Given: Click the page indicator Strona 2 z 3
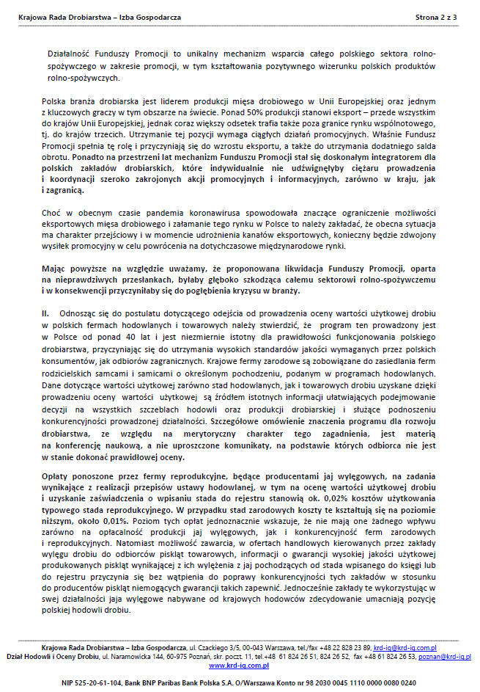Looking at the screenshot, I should pyautogui.click(x=436, y=15).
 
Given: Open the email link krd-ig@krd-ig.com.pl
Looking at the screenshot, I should pyautogui.click(x=405, y=648).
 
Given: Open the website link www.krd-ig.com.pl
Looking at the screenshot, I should pyautogui.click(x=238, y=666).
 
